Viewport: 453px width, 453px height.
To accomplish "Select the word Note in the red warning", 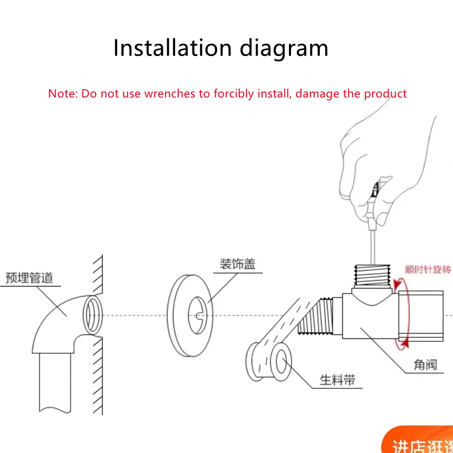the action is tap(62, 94).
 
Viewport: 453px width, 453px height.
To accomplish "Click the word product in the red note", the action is tap(385, 94).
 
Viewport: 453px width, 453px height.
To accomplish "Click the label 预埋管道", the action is tap(29, 278).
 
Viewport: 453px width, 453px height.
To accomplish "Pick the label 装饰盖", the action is tap(238, 264).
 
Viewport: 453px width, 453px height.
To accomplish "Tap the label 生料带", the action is tap(337, 379).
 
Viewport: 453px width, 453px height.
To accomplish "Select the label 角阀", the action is tap(425, 364).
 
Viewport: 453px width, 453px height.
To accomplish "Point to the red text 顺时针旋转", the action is tap(428, 269).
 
